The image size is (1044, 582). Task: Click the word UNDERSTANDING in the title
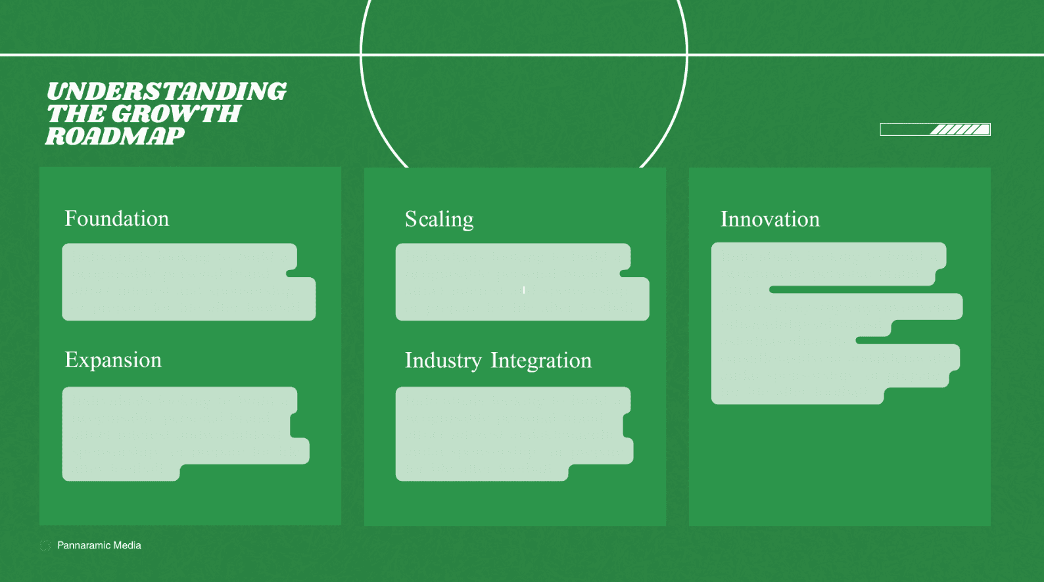(x=166, y=91)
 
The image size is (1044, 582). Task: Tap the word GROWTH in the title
(x=176, y=114)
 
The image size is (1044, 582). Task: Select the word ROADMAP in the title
(x=115, y=136)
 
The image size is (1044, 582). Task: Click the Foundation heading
(x=116, y=219)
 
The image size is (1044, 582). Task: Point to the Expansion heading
(x=113, y=360)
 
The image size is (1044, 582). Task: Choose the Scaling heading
(x=439, y=219)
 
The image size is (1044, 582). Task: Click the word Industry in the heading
(x=443, y=361)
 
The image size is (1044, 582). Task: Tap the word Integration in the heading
(x=541, y=361)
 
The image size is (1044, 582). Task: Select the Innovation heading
(x=770, y=219)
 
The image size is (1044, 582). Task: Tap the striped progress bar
(x=935, y=129)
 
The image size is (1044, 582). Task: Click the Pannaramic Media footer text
(x=99, y=545)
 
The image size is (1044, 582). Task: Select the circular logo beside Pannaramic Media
(x=45, y=545)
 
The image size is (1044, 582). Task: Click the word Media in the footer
(x=127, y=545)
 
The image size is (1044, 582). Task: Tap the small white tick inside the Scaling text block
(x=524, y=290)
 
